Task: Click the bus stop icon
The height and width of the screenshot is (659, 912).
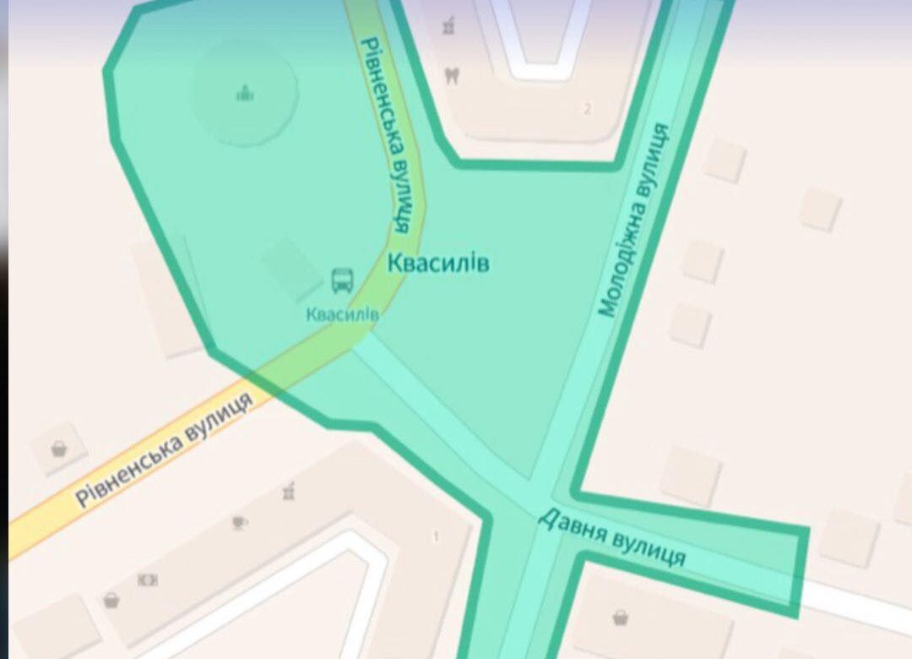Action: click(342, 280)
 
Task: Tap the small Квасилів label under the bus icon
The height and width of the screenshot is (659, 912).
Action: click(342, 314)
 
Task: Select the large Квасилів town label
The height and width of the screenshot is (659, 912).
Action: click(438, 263)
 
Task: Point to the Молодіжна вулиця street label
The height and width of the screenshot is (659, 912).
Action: click(634, 221)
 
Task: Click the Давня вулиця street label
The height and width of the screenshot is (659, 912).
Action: click(611, 538)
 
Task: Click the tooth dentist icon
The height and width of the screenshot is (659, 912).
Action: click(453, 75)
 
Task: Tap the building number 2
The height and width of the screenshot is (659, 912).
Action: click(587, 108)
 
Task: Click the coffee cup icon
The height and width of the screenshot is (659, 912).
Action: click(240, 522)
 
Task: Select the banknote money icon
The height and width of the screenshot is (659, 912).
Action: click(148, 580)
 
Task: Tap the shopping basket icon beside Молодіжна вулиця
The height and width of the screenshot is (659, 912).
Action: click(621, 617)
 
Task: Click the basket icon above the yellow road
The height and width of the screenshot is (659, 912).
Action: click(58, 448)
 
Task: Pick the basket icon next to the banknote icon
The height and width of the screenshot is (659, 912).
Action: click(111, 601)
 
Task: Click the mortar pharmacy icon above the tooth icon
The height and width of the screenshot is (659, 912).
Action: click(449, 28)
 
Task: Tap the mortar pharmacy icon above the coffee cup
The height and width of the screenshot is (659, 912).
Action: click(289, 489)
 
